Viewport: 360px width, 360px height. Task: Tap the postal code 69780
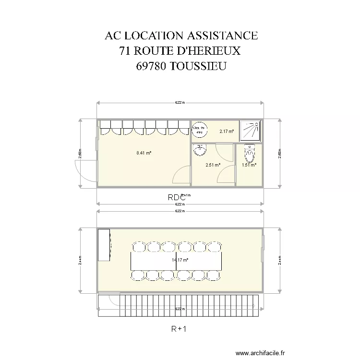152,66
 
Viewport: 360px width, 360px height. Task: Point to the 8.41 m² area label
144,153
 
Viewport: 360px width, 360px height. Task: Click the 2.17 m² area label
227,131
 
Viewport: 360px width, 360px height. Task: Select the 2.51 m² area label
213,165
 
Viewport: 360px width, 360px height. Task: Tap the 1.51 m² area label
249,165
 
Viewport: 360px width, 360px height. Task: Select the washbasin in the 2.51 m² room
199,151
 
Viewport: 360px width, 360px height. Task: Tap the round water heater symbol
200,130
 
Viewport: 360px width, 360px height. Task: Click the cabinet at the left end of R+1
104,245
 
